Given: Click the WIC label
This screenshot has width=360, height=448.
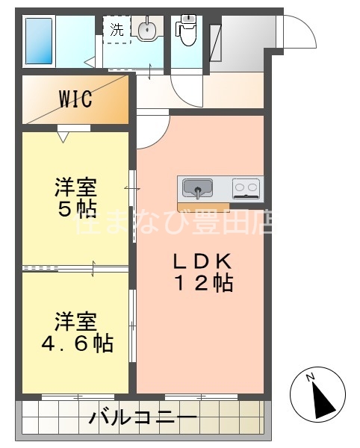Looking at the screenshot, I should click(x=75, y=99).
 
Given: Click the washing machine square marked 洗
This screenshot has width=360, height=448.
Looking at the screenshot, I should click(x=117, y=30).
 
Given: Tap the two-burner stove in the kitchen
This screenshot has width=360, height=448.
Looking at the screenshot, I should click(x=246, y=187).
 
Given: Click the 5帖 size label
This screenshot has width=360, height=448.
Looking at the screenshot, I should click(x=75, y=208).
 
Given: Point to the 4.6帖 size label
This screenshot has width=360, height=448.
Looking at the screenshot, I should click(x=75, y=343).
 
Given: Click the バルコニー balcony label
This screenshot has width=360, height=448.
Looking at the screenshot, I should click(x=143, y=417).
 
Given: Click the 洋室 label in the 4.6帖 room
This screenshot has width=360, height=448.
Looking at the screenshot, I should click(x=75, y=323).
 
